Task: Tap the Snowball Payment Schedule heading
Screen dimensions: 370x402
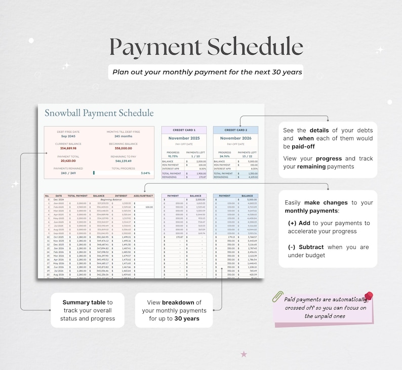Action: click(x=99, y=113)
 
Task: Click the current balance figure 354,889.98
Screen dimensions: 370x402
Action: click(x=68, y=149)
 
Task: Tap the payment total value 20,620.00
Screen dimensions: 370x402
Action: click(x=68, y=161)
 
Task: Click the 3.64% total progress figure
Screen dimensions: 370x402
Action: click(x=145, y=173)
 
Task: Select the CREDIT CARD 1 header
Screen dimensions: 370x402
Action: click(x=184, y=130)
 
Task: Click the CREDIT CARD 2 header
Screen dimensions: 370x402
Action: click(x=235, y=130)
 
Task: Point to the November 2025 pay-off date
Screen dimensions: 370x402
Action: click(x=184, y=138)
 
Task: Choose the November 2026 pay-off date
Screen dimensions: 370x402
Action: click(x=235, y=138)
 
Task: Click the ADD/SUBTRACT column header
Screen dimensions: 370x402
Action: click(x=143, y=195)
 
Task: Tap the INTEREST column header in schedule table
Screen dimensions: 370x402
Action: click(x=121, y=195)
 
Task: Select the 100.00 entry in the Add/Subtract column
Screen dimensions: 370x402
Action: click(x=149, y=207)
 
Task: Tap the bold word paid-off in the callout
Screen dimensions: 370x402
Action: click(x=303, y=146)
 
